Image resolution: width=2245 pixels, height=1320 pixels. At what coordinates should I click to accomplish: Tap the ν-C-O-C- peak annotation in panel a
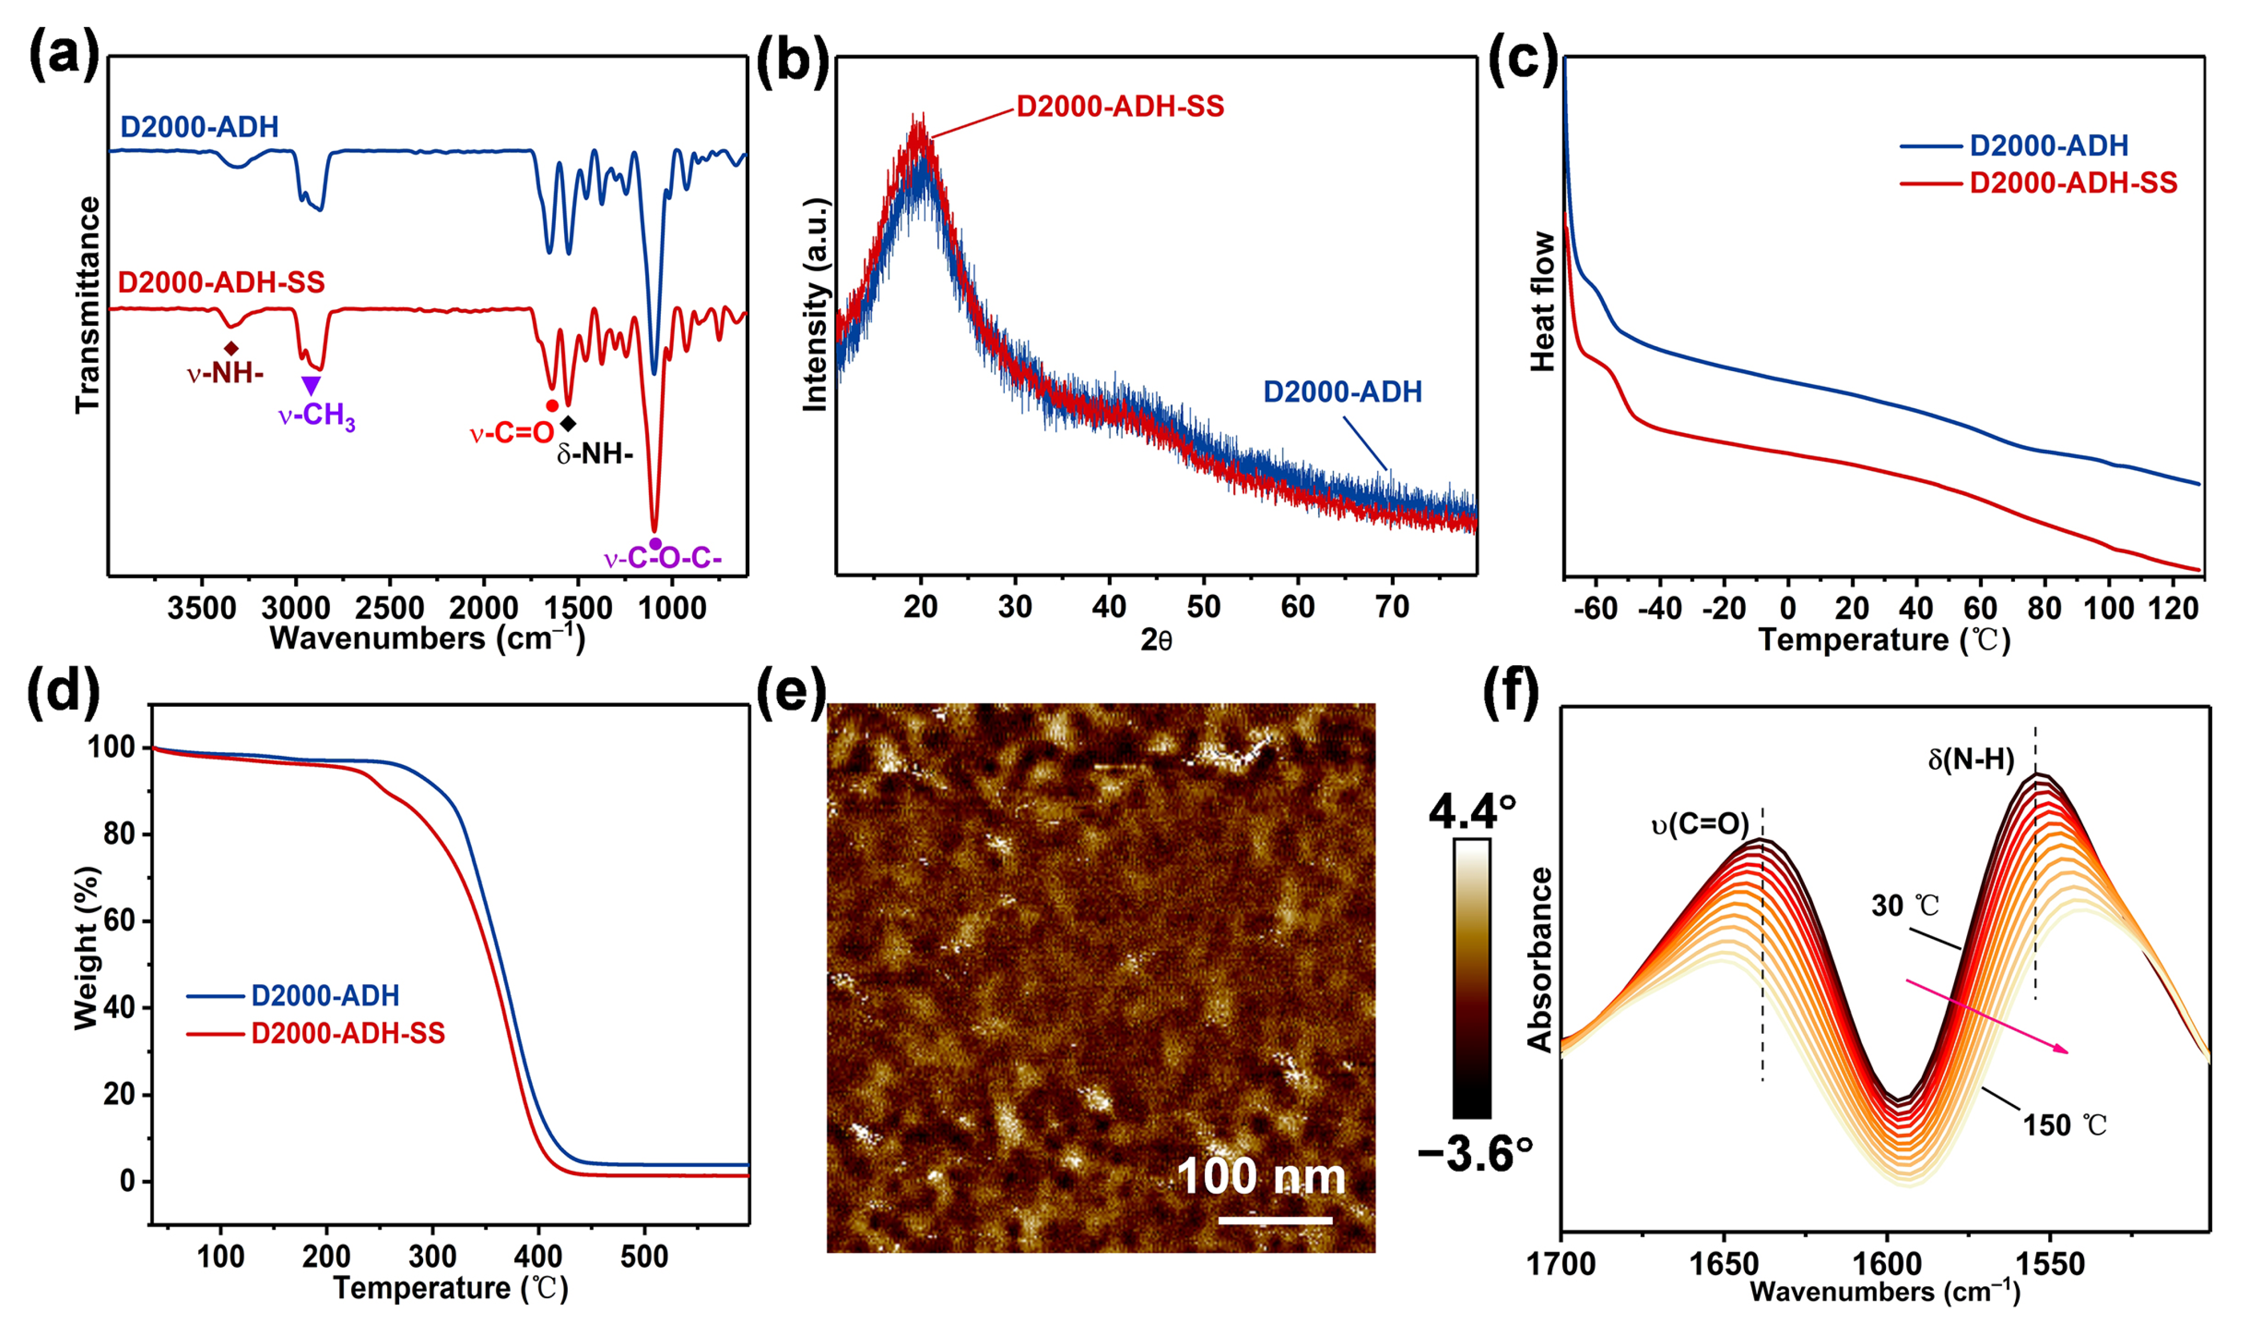click(x=662, y=560)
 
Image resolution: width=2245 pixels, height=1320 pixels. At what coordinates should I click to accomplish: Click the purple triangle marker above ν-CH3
click(x=310, y=385)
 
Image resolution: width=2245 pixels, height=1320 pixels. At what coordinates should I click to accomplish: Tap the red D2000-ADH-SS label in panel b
click(x=1120, y=107)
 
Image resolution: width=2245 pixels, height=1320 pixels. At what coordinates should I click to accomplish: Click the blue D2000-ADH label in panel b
click(x=1343, y=392)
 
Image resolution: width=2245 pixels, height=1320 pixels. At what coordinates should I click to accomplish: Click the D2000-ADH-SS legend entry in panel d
click(x=348, y=1034)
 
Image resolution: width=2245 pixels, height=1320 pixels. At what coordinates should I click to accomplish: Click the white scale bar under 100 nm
click(x=1275, y=1220)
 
